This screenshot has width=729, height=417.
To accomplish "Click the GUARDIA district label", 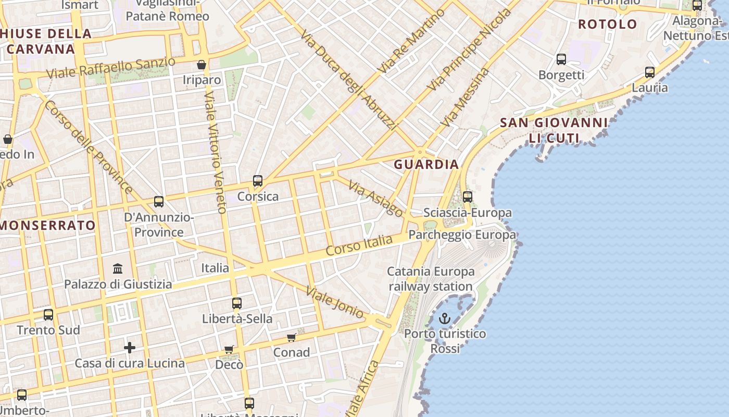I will click(426, 165).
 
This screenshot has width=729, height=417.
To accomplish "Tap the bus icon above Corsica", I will click(258, 181).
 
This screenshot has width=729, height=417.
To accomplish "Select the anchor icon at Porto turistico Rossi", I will click(445, 318).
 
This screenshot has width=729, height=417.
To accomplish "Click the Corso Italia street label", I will click(359, 245).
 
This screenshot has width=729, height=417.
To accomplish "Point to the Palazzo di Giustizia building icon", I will click(118, 269).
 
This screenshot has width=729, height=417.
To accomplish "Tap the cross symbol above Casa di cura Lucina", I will click(130, 347).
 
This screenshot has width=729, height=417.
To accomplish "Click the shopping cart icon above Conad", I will click(292, 337).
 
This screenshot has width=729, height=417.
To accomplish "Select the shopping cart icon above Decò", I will click(229, 349).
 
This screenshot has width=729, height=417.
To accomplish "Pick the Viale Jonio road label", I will click(335, 302).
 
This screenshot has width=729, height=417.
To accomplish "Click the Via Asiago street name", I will click(375, 199).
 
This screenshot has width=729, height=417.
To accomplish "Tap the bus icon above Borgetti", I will click(561, 59).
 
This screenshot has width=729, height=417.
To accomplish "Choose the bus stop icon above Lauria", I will click(650, 72).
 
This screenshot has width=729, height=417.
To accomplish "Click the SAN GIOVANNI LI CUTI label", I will click(554, 130).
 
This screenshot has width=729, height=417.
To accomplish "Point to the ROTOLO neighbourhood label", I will click(607, 24).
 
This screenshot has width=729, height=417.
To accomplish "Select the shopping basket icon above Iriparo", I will click(202, 65).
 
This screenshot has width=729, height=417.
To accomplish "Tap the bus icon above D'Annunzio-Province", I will click(159, 202).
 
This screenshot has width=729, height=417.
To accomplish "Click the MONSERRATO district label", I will click(48, 226).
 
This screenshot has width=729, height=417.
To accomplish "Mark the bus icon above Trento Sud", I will click(48, 315).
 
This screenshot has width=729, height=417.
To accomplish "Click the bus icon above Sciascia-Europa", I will click(468, 197).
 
